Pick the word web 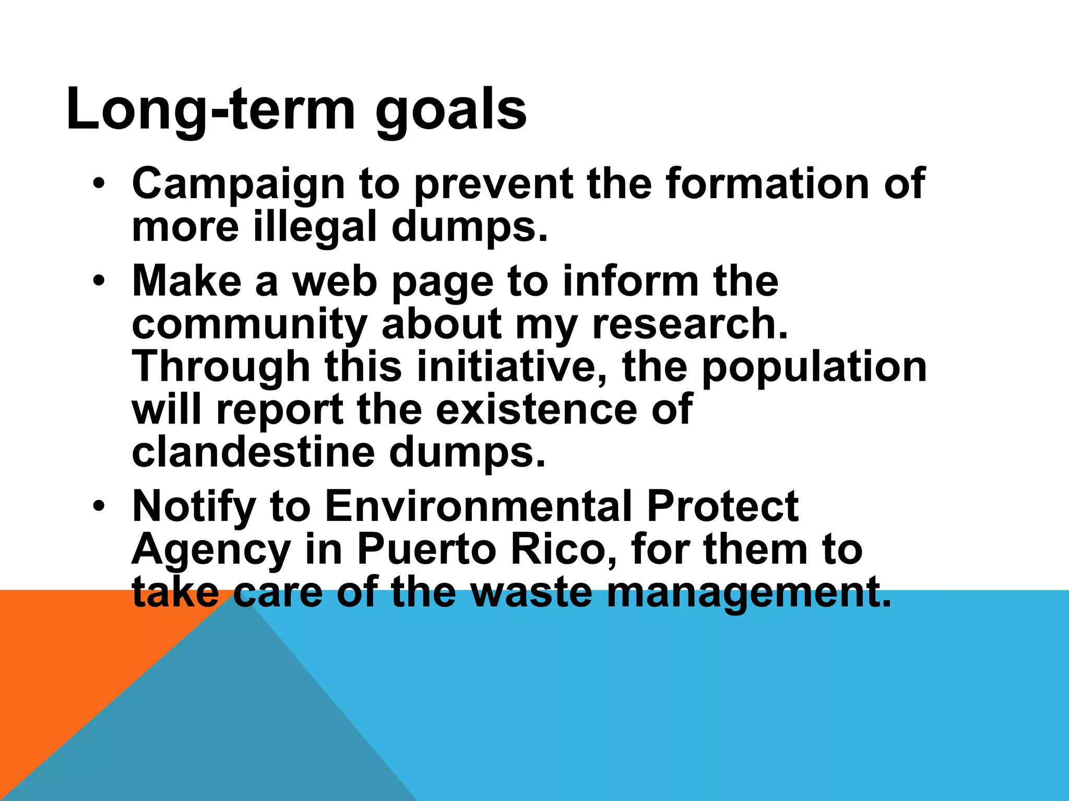click(334, 282)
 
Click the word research click(689, 324)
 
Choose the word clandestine click(253, 452)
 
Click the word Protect click(722, 506)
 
